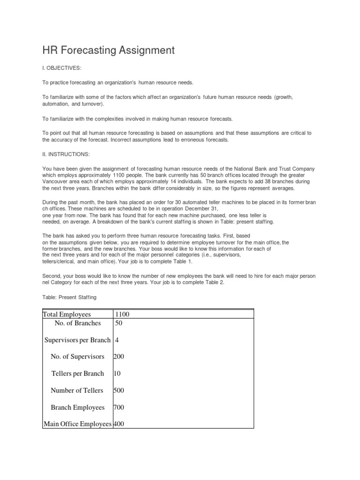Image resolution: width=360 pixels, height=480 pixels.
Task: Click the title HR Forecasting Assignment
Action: pos(109,50)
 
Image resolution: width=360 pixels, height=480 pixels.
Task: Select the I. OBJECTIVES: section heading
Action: pos(62,68)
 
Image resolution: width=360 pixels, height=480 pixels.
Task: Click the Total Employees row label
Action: pos(67,315)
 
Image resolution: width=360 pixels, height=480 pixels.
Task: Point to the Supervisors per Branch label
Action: pos(77,340)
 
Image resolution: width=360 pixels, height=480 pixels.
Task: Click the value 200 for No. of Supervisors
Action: pos(119,357)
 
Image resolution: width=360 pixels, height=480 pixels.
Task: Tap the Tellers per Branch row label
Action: pos(77,374)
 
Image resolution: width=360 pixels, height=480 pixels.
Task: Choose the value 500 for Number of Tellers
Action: pos(119,390)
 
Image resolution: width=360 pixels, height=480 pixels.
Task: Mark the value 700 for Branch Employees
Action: pos(119,407)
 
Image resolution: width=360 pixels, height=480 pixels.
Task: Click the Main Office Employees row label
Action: pos(77,424)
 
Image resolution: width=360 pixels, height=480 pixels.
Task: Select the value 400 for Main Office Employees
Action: pos(119,424)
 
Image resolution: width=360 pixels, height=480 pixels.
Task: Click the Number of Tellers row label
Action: pos(77,390)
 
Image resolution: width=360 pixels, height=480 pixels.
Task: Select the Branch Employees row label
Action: pos(77,407)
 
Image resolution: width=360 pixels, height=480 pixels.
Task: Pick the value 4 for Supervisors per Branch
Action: pos(117,340)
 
